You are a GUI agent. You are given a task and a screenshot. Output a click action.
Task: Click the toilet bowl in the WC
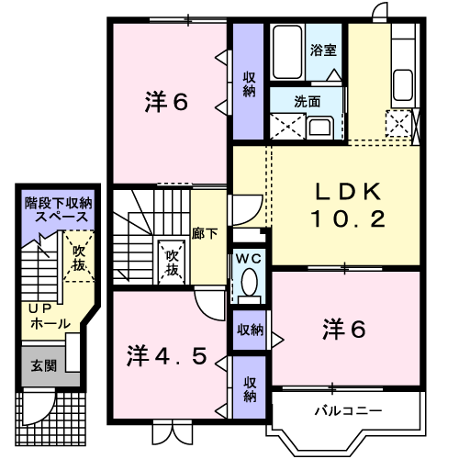[247, 285]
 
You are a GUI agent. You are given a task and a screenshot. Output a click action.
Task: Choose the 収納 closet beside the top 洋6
[248, 83]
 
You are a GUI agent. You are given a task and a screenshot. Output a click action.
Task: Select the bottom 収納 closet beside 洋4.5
[249, 389]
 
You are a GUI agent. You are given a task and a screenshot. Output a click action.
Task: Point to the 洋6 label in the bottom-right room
[344, 329]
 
